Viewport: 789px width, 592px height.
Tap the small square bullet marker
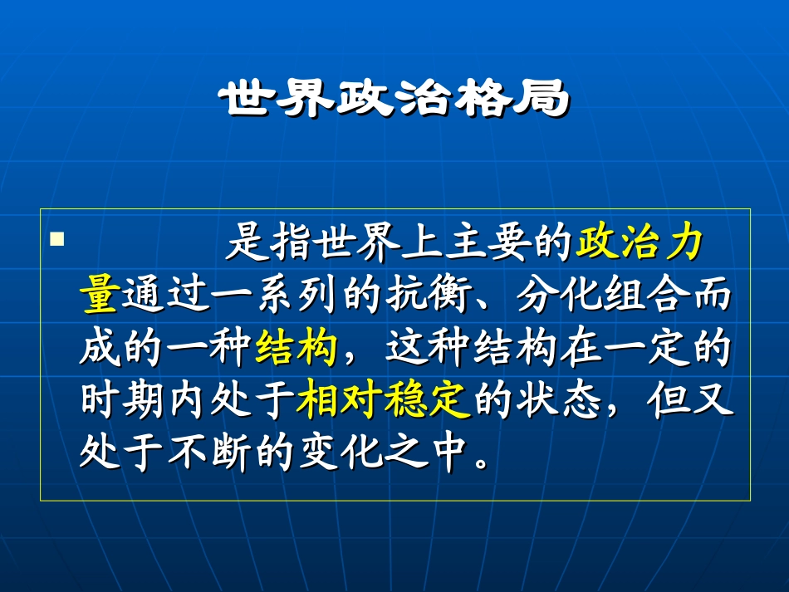point(57,240)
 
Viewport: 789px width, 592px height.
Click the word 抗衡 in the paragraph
point(427,296)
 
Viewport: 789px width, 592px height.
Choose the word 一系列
point(274,296)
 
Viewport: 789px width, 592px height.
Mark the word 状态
point(558,401)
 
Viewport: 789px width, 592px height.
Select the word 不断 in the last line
point(209,453)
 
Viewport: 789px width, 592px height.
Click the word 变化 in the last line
point(341,453)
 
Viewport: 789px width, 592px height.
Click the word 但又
point(689,401)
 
